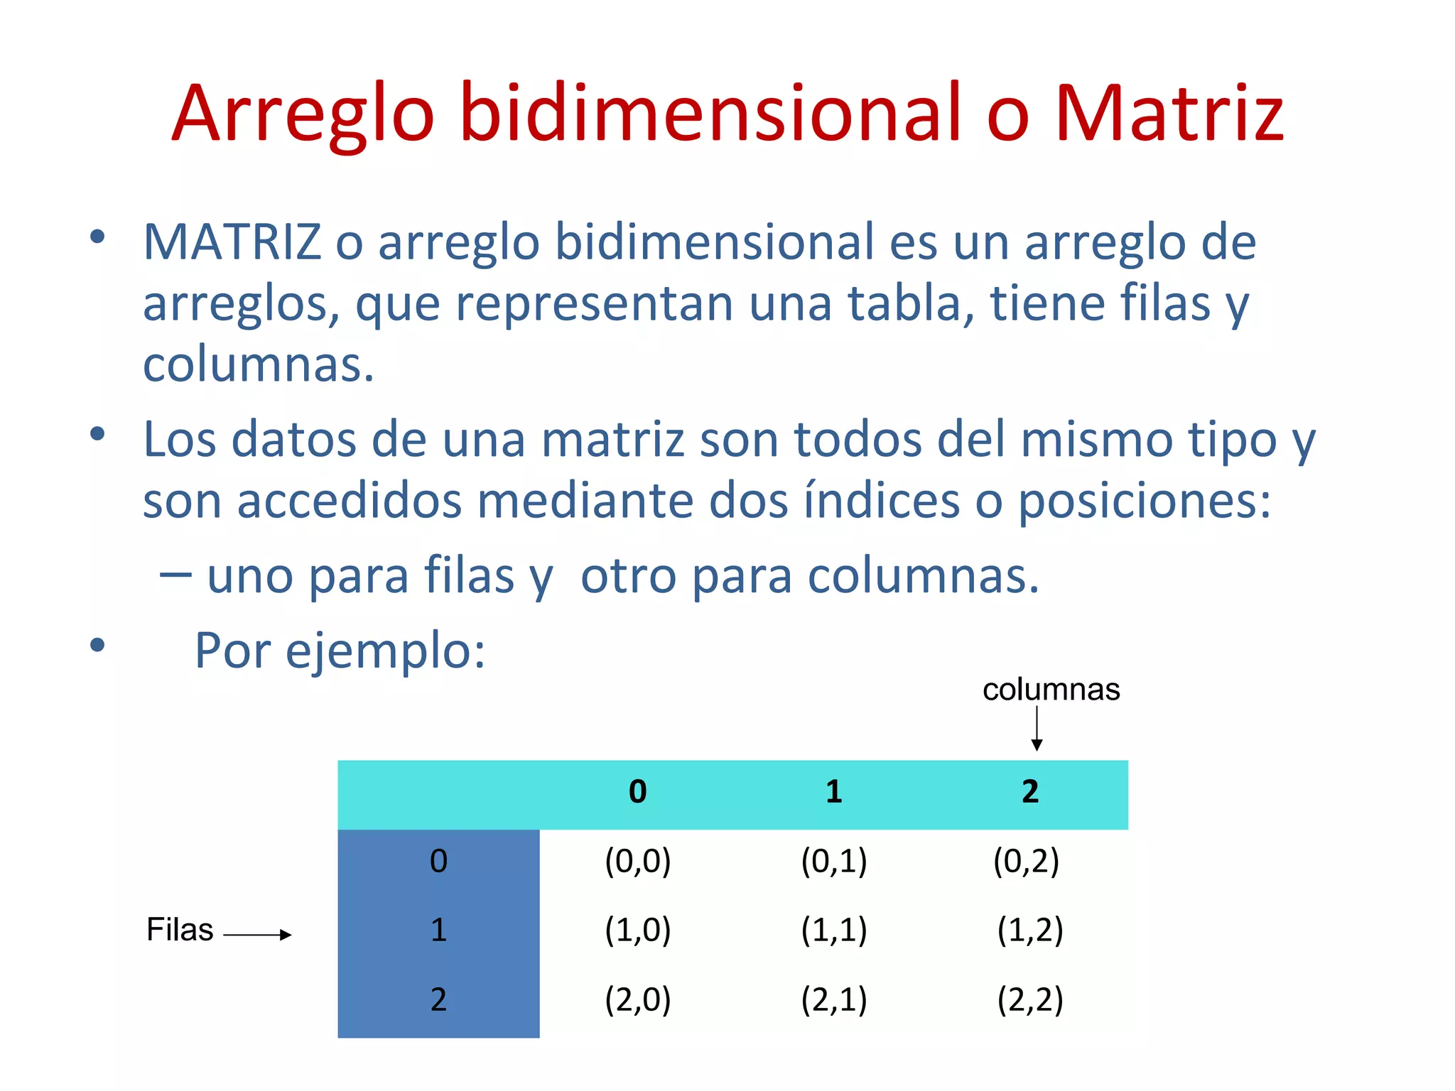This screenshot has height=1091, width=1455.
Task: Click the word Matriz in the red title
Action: tap(1169, 114)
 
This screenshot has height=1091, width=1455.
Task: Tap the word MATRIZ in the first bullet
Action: tap(232, 242)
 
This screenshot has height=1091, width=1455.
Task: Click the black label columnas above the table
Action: tap(1051, 690)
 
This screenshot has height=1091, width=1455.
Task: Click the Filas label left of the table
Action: tap(180, 930)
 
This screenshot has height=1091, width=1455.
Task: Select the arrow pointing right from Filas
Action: tap(257, 935)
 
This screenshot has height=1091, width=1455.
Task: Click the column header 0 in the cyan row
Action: tap(637, 792)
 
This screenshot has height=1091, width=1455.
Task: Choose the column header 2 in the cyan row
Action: tap(1030, 792)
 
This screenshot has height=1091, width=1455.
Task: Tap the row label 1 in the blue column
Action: tap(438, 930)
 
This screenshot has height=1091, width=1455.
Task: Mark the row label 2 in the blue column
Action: tap(438, 1000)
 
